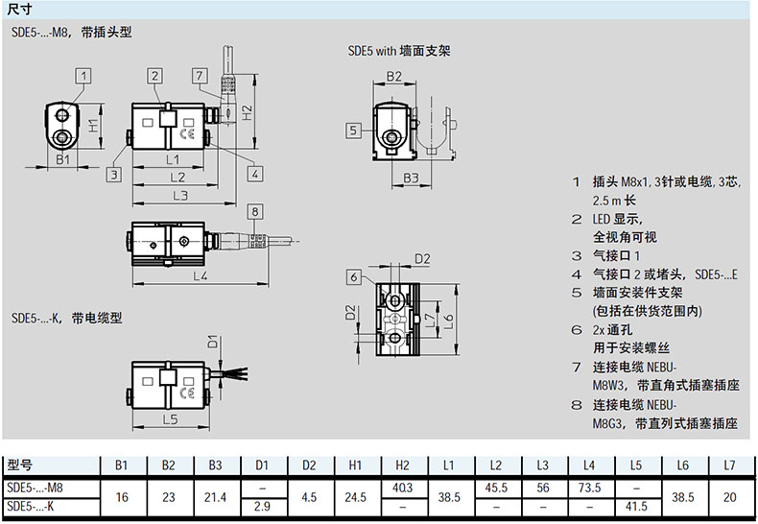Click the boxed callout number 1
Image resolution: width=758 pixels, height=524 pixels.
click(x=84, y=75)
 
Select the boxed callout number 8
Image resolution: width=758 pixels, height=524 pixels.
click(x=254, y=212)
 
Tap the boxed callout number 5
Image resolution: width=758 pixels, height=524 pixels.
click(x=353, y=130)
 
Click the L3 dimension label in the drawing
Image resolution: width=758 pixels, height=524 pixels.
click(x=179, y=195)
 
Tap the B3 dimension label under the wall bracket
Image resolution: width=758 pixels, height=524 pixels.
click(x=410, y=178)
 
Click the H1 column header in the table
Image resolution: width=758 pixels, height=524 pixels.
click(x=355, y=465)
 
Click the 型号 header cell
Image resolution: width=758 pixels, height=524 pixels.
click(x=20, y=465)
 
